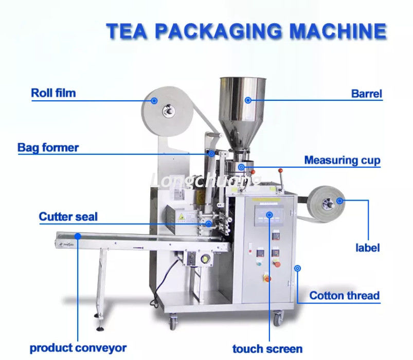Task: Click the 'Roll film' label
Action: coord(53,93)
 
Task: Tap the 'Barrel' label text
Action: coord(367,94)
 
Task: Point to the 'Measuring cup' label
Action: coord(342,160)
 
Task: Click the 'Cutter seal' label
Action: coord(68,217)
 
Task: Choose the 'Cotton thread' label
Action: coord(344,296)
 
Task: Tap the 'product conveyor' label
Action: coord(78,348)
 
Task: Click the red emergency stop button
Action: coord(266,278)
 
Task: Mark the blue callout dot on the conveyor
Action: coord(78,236)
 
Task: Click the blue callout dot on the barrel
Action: coord(248,100)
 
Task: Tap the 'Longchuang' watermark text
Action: coord(206,181)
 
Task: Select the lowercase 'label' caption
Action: coord(368,248)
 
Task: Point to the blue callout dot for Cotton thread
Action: coord(297,267)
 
